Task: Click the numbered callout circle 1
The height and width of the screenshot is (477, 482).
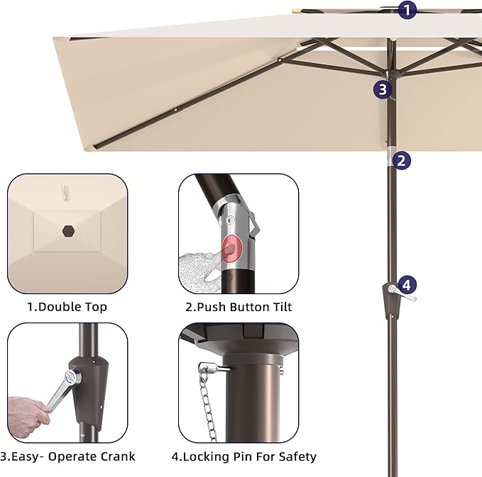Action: click(x=407, y=10)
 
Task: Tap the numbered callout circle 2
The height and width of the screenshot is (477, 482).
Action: click(x=402, y=160)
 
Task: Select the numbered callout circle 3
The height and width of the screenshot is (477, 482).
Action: click(x=383, y=89)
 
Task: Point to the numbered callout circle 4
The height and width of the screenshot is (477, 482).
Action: click(x=407, y=285)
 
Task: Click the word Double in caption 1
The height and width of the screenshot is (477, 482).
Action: click(x=57, y=307)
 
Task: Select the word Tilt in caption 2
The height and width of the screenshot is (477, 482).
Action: click(x=282, y=307)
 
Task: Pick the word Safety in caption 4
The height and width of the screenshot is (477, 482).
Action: click(x=297, y=456)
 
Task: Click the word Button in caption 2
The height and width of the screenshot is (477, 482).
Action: click(x=248, y=307)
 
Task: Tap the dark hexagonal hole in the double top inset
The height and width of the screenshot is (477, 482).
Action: click(x=69, y=231)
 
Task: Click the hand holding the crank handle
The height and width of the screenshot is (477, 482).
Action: click(x=28, y=415)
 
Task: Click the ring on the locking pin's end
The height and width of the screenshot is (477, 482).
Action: click(x=204, y=367)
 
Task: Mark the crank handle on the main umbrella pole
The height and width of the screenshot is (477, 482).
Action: click(x=402, y=293)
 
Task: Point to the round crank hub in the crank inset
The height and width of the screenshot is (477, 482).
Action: click(x=72, y=377)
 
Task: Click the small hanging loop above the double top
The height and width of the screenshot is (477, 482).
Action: click(x=65, y=192)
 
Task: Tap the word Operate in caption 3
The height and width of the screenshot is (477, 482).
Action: click(x=72, y=456)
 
